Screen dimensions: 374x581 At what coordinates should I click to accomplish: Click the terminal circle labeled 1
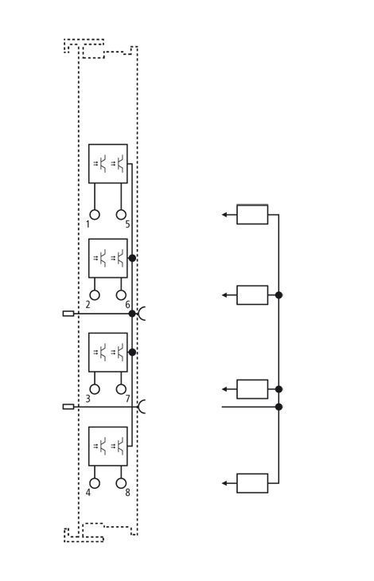coord(95,215)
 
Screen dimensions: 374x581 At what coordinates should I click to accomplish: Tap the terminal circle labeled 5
coord(121,215)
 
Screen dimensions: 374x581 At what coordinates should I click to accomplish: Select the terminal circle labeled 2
coord(95,295)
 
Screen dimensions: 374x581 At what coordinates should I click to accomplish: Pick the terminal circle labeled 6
coord(121,295)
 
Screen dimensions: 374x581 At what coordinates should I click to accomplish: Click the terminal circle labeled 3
coord(95,389)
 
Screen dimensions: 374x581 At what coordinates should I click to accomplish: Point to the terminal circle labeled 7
coord(121,389)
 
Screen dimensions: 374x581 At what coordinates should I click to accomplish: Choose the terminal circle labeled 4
coord(95,483)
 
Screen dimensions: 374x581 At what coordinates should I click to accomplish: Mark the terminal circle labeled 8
coord(121,483)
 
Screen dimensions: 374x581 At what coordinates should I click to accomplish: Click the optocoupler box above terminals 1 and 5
coord(107,163)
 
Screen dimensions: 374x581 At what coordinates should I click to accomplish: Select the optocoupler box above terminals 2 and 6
coord(107,258)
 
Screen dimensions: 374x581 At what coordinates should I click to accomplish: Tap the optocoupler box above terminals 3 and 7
coord(107,352)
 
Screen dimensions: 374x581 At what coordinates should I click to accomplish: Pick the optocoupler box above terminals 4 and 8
coord(107,446)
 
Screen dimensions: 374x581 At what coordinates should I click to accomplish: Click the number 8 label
coord(127,493)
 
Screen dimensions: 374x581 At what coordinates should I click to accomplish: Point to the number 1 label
coord(88,224)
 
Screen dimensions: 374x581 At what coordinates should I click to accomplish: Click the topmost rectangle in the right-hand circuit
coord(252,215)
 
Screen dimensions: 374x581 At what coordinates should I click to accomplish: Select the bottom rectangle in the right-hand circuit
coord(252,483)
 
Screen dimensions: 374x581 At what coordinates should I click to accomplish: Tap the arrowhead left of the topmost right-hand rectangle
coord(224,215)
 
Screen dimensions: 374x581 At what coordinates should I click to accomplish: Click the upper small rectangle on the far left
coord(68,314)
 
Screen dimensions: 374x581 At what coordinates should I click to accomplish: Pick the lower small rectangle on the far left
coord(68,407)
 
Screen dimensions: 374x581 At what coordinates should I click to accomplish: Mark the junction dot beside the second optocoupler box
coord(132,258)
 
